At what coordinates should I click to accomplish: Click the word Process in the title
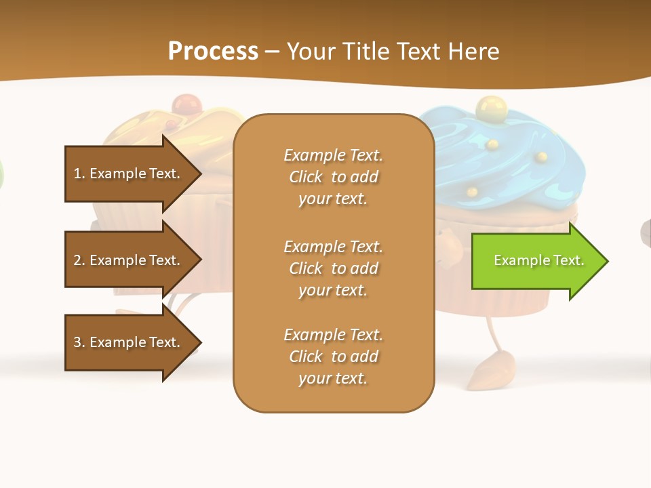[x=213, y=52]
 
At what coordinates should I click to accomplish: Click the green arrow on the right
[x=536, y=261]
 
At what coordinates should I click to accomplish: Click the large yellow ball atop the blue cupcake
[x=489, y=106]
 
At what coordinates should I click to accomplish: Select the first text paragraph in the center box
[x=333, y=177]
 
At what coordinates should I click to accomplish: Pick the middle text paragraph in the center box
[x=333, y=268]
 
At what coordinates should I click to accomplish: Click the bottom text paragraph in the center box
[x=333, y=357]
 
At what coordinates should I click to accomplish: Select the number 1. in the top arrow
[x=79, y=174]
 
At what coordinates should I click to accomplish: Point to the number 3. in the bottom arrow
[x=79, y=342]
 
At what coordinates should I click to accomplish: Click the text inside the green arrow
[x=538, y=260]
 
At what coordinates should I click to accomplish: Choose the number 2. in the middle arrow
[x=79, y=260]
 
